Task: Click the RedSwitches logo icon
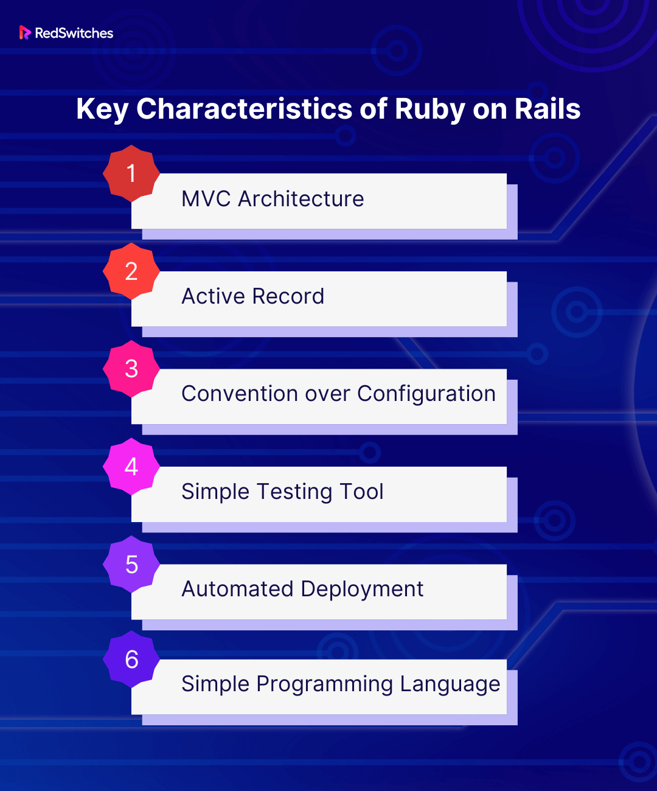pos(25,33)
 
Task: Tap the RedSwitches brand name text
pos(74,33)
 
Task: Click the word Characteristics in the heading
pos(244,109)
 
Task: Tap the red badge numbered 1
pos(131,173)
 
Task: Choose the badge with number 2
pos(131,271)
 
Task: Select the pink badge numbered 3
pos(131,369)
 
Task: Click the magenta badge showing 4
pos(131,466)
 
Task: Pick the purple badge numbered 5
pos(131,564)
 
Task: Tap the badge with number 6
pos(131,659)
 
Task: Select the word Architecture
pos(301,199)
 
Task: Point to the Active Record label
pos(253,296)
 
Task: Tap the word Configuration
pos(426,395)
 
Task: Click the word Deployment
pos(363,590)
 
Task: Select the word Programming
pos(325,685)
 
